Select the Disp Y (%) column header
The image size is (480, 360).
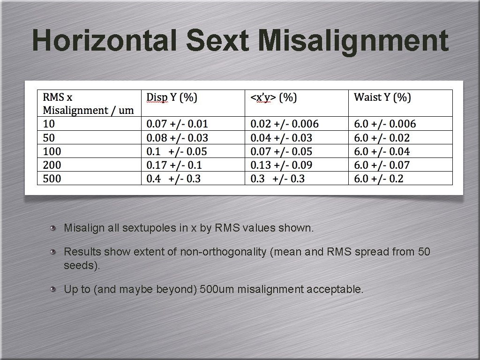pyautogui.click(x=172, y=97)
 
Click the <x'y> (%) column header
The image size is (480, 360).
pyautogui.click(x=274, y=97)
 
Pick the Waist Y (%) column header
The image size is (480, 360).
pyautogui.click(x=382, y=97)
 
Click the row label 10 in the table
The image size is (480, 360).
pyautogui.click(x=49, y=124)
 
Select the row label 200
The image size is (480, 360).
pyautogui.click(x=52, y=165)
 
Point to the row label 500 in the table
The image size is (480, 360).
pyautogui.click(x=52, y=179)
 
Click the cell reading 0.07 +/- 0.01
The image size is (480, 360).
pyautogui.click(x=177, y=124)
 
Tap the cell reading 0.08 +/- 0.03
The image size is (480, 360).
pyautogui.click(x=177, y=138)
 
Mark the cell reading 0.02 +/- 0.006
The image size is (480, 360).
pyautogui.click(x=285, y=124)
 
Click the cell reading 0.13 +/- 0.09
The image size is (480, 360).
pyautogui.click(x=281, y=165)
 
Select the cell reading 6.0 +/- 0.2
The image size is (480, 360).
pyautogui.click(x=379, y=179)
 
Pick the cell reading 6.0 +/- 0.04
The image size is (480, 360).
pyautogui.click(x=382, y=151)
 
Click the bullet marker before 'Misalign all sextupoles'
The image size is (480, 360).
pyautogui.click(x=54, y=228)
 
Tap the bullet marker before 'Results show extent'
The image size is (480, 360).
pyautogui.click(x=54, y=252)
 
